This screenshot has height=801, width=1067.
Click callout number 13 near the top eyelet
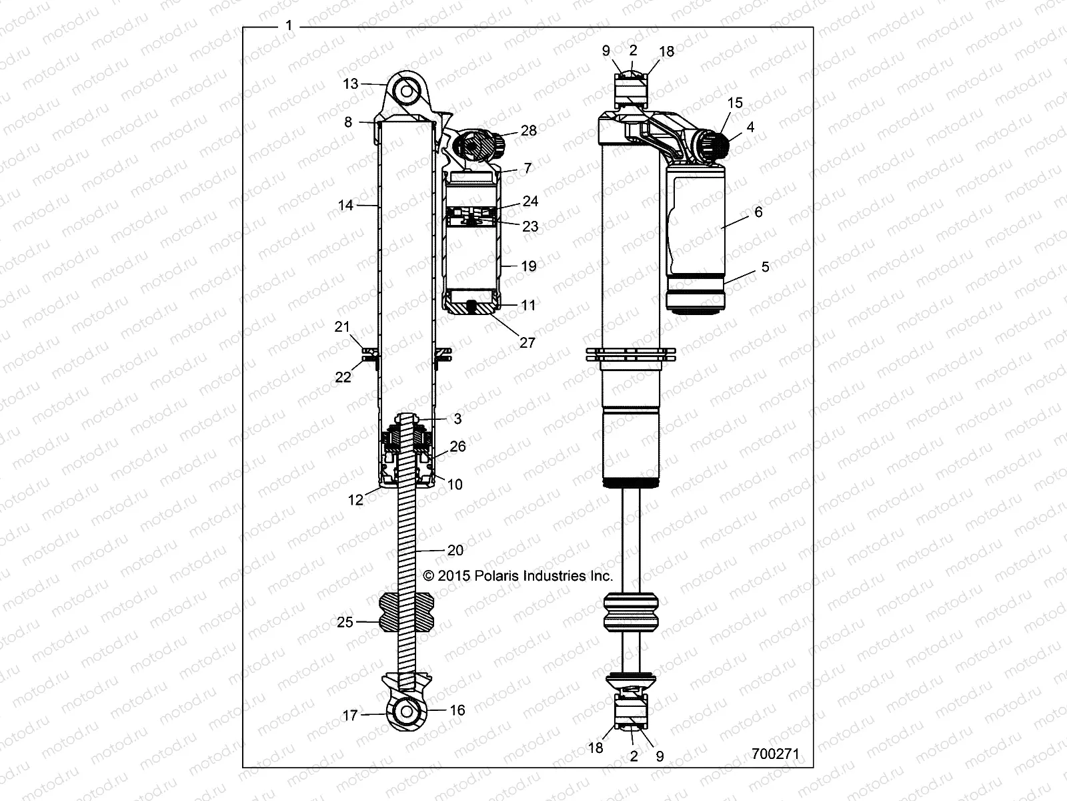pyautogui.click(x=351, y=84)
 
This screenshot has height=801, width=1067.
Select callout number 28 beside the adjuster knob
pyautogui.click(x=528, y=131)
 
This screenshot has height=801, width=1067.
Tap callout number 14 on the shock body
pyautogui.click(x=345, y=206)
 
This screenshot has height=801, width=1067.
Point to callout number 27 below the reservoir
pyautogui.click(x=527, y=342)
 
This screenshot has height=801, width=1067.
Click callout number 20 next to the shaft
pyautogui.click(x=455, y=551)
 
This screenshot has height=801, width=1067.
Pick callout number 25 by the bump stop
pyautogui.click(x=345, y=623)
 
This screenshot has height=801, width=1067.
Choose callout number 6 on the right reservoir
pyautogui.click(x=758, y=212)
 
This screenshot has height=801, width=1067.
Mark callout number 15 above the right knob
pyautogui.click(x=735, y=103)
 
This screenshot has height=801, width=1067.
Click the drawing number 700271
pyautogui.click(x=774, y=754)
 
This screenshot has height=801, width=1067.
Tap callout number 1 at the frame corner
pyautogui.click(x=288, y=26)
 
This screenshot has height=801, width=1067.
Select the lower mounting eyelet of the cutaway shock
pyautogui.click(x=405, y=712)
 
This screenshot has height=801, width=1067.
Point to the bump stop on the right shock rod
pyautogui.click(x=630, y=611)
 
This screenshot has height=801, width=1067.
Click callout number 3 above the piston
pyautogui.click(x=457, y=419)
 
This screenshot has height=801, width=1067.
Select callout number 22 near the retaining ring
pyautogui.click(x=343, y=377)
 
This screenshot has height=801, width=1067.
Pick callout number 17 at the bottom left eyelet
pyautogui.click(x=350, y=716)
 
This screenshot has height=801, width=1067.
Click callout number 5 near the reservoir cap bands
pyautogui.click(x=765, y=267)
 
